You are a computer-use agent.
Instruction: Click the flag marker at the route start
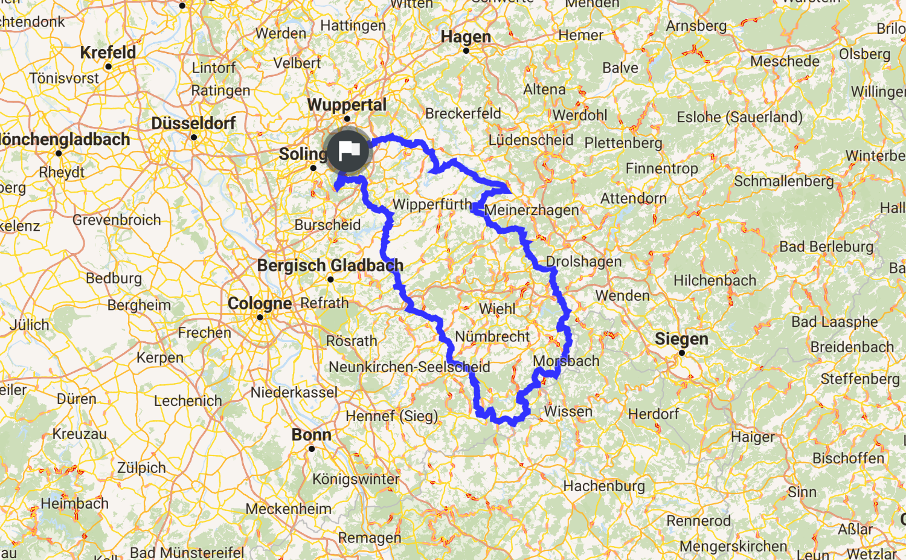(x=348, y=150)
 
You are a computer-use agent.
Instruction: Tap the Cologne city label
(x=260, y=303)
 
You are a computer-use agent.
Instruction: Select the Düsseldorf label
(x=193, y=123)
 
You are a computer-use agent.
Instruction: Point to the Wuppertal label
(x=347, y=105)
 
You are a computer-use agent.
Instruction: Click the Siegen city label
(x=681, y=339)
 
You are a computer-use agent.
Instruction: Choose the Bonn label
(x=311, y=434)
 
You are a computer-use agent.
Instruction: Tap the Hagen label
(x=466, y=37)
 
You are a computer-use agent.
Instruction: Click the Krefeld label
(x=108, y=53)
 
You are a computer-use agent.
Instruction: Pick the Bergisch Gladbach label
(x=330, y=265)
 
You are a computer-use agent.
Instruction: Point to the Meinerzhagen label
(x=532, y=210)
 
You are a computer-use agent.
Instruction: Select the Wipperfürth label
(x=432, y=204)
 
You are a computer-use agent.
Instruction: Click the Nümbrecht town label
(x=492, y=336)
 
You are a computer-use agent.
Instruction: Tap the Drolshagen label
(x=583, y=262)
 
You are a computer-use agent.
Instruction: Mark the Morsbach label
(x=566, y=361)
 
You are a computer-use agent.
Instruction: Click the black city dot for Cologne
(x=260, y=317)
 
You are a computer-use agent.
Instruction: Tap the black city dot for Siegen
(x=682, y=353)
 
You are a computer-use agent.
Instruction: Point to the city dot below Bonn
(x=312, y=449)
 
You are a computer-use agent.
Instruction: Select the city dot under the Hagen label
(x=466, y=51)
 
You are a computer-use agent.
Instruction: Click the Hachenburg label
(x=604, y=486)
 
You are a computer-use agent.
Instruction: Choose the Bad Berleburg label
(x=826, y=246)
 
